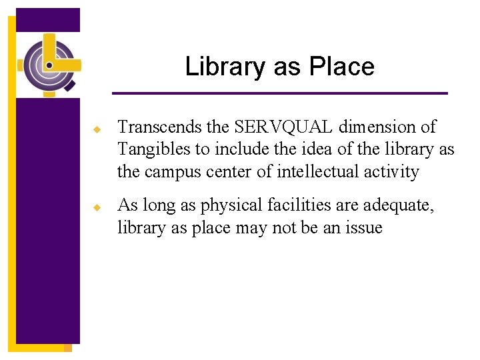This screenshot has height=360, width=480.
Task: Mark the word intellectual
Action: (x=319, y=172)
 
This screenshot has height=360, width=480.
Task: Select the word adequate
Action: (x=399, y=205)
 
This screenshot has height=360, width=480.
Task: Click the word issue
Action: (x=364, y=228)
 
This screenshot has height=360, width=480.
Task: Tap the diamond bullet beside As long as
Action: (x=97, y=207)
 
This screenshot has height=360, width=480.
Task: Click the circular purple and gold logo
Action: (x=49, y=65)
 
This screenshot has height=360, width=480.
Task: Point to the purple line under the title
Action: (x=280, y=93)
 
